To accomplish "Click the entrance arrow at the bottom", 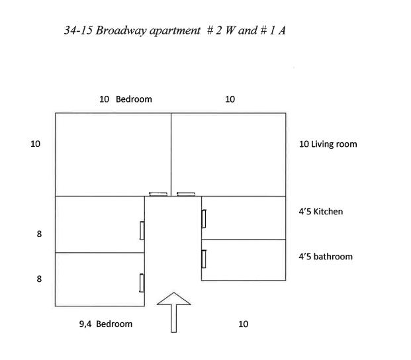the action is [x=174, y=312].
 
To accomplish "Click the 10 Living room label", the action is [x=328, y=144].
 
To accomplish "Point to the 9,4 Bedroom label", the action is [x=106, y=324].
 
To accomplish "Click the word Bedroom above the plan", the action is [x=134, y=99].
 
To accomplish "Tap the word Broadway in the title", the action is [x=121, y=30].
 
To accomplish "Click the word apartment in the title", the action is [x=175, y=31].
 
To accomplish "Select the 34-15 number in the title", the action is [x=78, y=30].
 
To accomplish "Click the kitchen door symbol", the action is [x=204, y=219].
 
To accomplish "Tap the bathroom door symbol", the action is [x=204, y=259].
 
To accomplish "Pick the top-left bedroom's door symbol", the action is [x=158, y=194].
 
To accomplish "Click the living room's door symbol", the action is [x=186, y=194].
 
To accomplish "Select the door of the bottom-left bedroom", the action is [x=142, y=283].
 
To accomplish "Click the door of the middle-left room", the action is [x=142, y=230].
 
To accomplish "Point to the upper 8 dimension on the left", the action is [x=39, y=234].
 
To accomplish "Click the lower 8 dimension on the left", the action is [x=39, y=279].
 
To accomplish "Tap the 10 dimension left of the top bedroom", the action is [x=35, y=144].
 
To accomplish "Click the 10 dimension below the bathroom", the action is [x=244, y=324].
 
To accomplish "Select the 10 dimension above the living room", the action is [x=230, y=99].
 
